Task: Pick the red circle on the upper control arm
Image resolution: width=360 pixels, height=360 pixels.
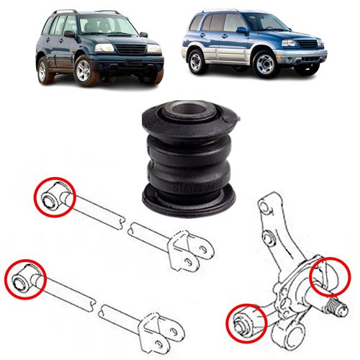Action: (55, 195)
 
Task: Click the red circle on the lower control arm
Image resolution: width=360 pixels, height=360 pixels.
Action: (24, 276)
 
